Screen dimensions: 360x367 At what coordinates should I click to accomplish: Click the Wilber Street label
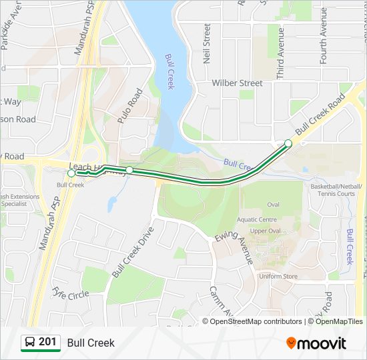(237, 83)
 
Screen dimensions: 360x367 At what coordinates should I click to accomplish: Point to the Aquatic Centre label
(256, 219)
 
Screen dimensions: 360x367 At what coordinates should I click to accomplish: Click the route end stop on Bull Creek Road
(288, 143)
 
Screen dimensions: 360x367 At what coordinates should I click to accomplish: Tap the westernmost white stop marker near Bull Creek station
(71, 173)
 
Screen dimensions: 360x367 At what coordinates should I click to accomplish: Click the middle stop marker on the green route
(129, 171)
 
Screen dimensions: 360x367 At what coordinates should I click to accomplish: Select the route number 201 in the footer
(47, 342)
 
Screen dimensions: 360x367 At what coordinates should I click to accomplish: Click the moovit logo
(316, 343)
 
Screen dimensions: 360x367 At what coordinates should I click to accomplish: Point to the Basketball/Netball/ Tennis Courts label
(336, 190)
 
